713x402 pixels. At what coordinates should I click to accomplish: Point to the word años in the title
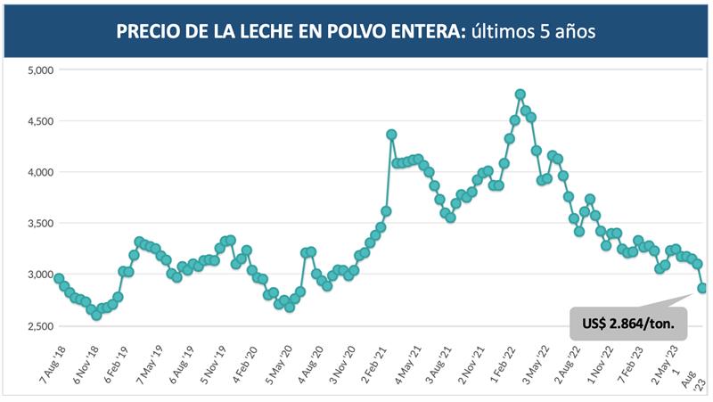[572, 32]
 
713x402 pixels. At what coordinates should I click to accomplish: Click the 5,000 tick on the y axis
[42, 70]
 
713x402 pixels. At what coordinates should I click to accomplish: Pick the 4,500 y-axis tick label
[42, 121]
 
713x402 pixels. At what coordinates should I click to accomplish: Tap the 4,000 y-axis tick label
[42, 172]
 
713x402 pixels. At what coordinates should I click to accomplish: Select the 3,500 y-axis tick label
[42, 224]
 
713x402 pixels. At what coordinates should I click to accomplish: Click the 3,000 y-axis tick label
[42, 275]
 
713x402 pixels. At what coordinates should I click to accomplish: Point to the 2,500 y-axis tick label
[42, 326]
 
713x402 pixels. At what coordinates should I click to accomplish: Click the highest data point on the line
[520, 94]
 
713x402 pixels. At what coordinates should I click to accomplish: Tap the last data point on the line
[702, 288]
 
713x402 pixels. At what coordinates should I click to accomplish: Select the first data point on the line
[59, 279]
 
